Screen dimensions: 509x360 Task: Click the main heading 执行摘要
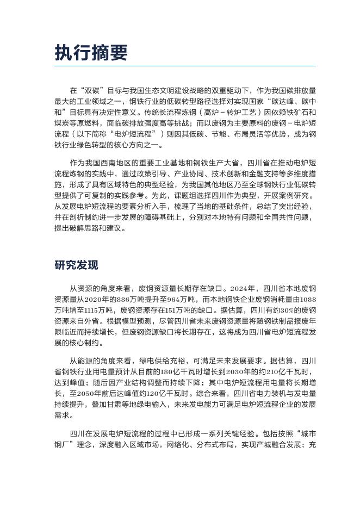(91, 53)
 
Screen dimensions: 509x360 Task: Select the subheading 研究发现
(76, 265)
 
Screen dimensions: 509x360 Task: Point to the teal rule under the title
(185, 66)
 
